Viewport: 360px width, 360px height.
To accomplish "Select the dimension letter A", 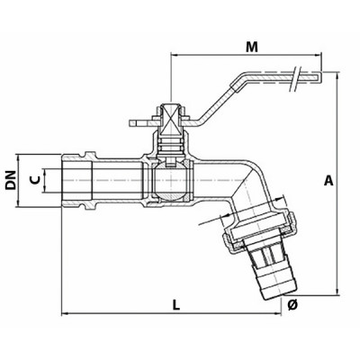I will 329,181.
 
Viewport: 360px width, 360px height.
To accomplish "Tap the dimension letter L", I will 176,304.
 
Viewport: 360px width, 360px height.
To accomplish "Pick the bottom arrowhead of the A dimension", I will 337,290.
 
